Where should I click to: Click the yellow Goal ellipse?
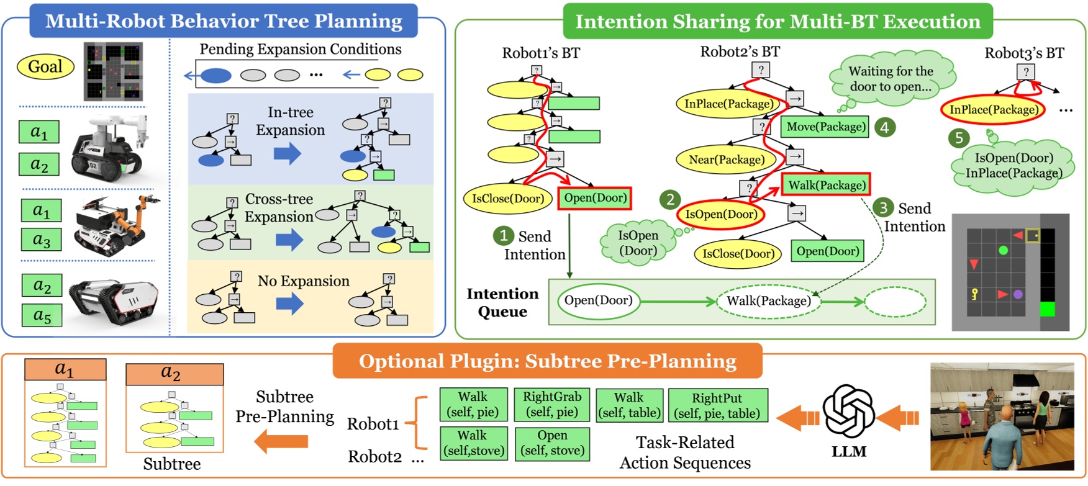[x=45, y=66]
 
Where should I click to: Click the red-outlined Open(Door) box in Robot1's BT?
[x=594, y=199]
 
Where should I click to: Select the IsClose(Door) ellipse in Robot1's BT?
[x=507, y=199]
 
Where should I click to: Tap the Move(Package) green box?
[x=825, y=127]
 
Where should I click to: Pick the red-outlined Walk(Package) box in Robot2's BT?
[x=826, y=185]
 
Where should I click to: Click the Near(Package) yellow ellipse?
[x=726, y=160]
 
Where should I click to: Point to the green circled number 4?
[x=884, y=127]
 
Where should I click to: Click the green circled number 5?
[x=959, y=138]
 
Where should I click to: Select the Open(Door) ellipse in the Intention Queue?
[x=598, y=300]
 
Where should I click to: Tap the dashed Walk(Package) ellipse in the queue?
[x=769, y=301]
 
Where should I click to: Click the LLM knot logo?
[x=848, y=411]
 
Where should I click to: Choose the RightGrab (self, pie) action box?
[x=551, y=405]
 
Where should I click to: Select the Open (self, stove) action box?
[x=552, y=443]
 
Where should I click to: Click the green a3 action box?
[x=42, y=240]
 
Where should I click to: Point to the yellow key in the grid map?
[x=974, y=294]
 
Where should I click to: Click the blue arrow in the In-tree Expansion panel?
[x=287, y=153]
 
